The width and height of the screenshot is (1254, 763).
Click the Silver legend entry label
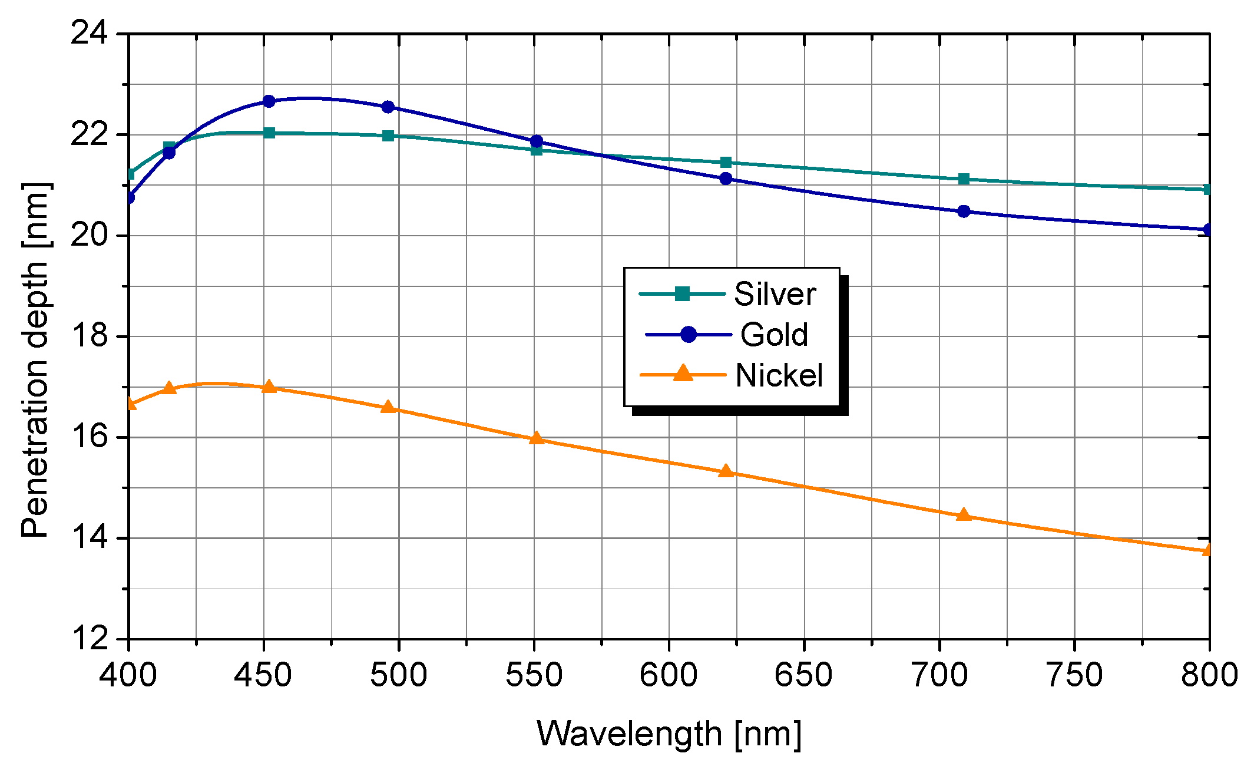(x=775, y=294)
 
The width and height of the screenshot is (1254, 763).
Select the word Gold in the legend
(x=774, y=335)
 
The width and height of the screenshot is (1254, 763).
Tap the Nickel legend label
(x=779, y=375)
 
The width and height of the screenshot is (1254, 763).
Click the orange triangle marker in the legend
(x=683, y=374)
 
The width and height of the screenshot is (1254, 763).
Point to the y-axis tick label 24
(x=90, y=33)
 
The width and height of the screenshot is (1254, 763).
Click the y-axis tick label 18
(x=90, y=336)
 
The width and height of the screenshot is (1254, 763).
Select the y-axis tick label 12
(x=90, y=638)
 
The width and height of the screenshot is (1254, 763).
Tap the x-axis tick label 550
(x=534, y=675)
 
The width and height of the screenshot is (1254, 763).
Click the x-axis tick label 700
(x=939, y=675)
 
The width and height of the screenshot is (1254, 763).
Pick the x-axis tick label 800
(x=1209, y=675)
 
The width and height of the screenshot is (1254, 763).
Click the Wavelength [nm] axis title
(x=669, y=734)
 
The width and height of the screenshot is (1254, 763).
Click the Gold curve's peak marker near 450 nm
(x=269, y=101)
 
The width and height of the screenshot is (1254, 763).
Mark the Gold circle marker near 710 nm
(x=964, y=211)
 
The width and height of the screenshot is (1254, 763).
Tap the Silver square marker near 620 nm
(x=726, y=162)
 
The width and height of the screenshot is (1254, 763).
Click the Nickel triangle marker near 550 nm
(x=536, y=438)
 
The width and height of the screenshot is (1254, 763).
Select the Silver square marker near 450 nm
(x=269, y=133)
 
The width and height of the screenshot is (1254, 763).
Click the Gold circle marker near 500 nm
(x=388, y=107)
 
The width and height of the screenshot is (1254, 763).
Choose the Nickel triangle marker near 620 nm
(x=726, y=471)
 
